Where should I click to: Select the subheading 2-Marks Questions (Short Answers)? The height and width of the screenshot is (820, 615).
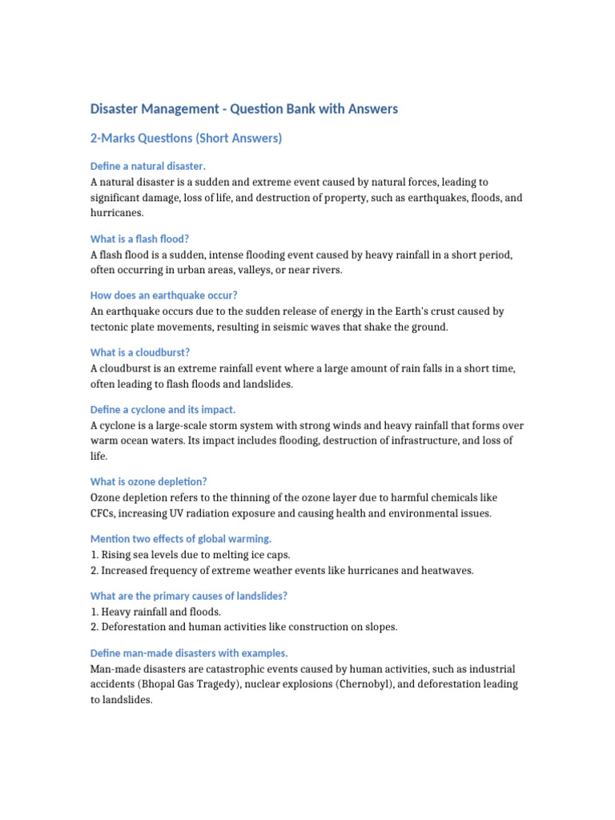(x=186, y=139)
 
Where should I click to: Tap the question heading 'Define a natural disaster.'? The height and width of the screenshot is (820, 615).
(x=148, y=166)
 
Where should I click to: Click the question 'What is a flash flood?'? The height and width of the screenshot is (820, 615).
(x=140, y=239)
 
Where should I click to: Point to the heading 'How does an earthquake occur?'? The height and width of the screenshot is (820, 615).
(x=164, y=295)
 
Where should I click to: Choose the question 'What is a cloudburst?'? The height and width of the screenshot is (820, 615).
(x=140, y=352)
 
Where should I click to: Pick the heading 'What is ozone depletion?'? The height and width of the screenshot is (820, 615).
(x=149, y=481)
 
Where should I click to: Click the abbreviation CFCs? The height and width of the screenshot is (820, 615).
(x=105, y=513)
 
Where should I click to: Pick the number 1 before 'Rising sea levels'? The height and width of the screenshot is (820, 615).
(x=94, y=554)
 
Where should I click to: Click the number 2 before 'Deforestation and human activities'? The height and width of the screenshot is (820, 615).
(x=94, y=627)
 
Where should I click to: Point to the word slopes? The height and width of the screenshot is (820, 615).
(x=378, y=627)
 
